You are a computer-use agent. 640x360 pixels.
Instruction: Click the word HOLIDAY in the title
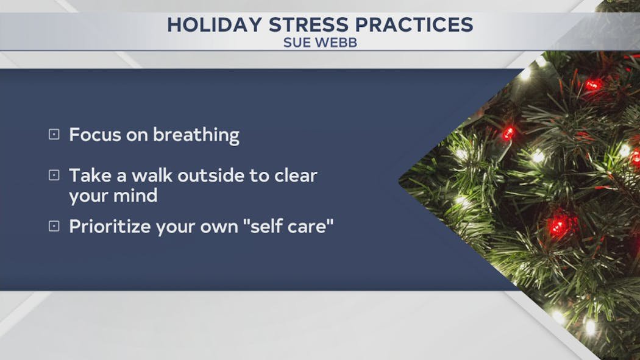pyautogui.click(x=215, y=25)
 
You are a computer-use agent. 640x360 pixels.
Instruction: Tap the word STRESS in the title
pyautogui.click(x=308, y=25)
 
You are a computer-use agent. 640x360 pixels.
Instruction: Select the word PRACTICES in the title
pyautogui.click(x=414, y=25)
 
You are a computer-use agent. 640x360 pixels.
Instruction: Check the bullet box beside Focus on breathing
pyautogui.click(x=54, y=135)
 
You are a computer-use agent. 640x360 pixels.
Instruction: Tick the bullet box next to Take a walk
pyautogui.click(x=54, y=175)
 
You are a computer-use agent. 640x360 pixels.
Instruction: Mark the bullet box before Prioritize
pyautogui.click(x=54, y=226)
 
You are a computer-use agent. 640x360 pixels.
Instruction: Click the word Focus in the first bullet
pyautogui.click(x=95, y=135)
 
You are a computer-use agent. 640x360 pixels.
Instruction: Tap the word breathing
pyautogui.click(x=196, y=136)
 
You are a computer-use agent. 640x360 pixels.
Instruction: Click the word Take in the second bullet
pyautogui.click(x=90, y=175)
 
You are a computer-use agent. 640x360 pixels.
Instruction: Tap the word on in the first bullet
pyautogui.click(x=137, y=136)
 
